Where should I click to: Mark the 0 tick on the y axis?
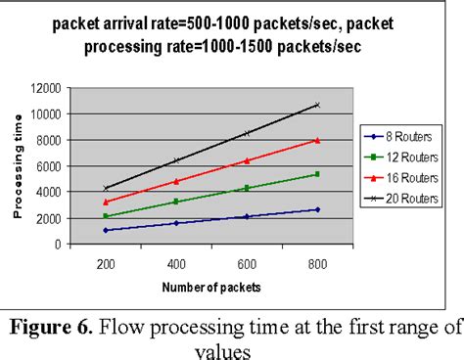62,245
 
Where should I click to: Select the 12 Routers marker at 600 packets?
247,188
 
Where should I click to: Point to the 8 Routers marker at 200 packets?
105,231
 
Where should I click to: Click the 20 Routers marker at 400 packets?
176,160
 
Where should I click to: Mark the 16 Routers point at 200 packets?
105,202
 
